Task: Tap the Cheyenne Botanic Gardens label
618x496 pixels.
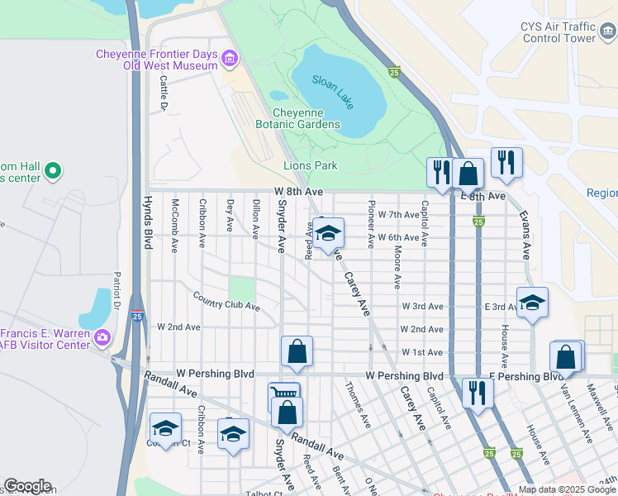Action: point(307,119)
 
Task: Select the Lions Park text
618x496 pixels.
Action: point(311,165)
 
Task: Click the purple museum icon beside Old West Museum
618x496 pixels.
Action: point(229,58)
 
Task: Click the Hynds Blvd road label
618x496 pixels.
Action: point(149,223)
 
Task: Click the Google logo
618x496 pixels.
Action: point(27,486)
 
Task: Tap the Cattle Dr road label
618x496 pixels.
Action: point(164,94)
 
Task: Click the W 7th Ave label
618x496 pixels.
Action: point(399,214)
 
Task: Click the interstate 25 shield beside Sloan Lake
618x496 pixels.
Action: point(395,72)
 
